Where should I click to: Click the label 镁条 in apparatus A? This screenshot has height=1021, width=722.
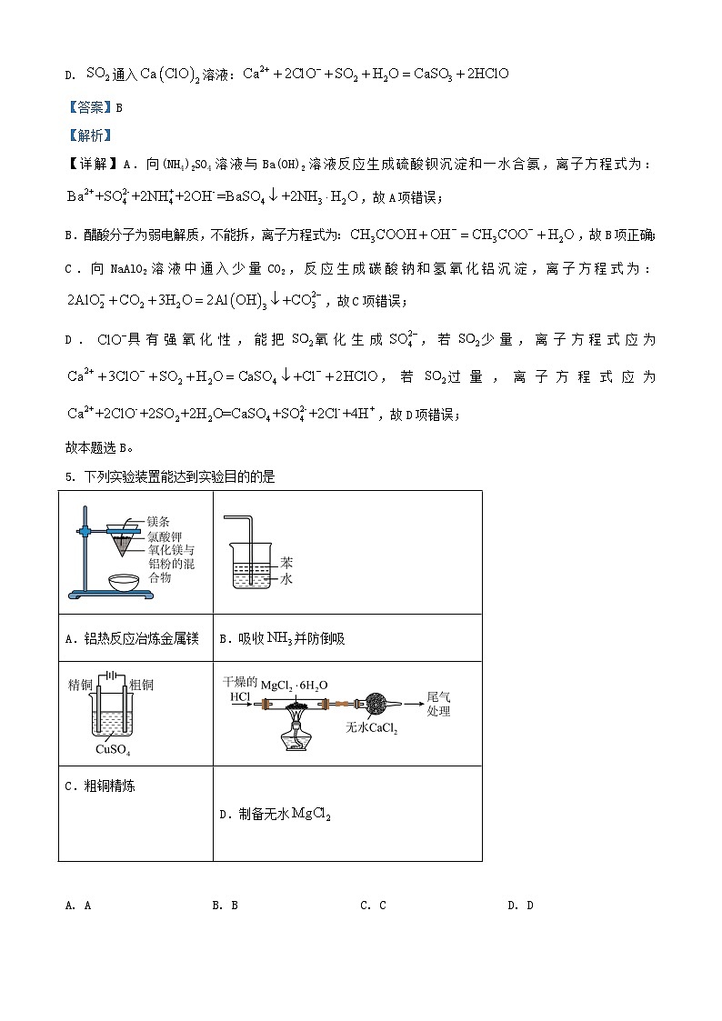(158, 522)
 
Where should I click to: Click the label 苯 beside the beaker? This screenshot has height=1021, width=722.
(286, 563)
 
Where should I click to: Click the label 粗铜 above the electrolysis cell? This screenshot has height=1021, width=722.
(141, 685)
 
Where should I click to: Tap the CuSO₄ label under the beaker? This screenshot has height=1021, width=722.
(112, 750)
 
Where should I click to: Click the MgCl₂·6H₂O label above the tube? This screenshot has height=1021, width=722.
(295, 685)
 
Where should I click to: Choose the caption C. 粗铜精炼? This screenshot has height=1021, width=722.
(100, 786)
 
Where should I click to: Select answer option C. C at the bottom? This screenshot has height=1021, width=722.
(373, 905)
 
